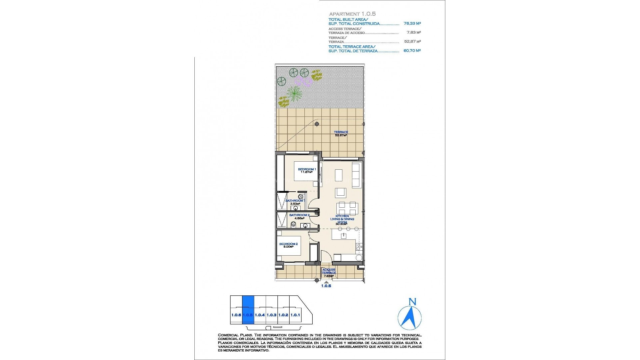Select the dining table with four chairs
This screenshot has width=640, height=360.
[347, 209]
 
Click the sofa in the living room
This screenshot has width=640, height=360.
[356, 175]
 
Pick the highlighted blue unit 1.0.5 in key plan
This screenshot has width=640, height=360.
[248, 310]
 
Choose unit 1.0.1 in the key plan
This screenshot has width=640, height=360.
[295, 315]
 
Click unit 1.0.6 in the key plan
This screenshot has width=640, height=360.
[236, 315]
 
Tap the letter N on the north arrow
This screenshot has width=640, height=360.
[412, 302]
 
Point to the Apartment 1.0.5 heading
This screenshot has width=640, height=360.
[352, 14]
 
